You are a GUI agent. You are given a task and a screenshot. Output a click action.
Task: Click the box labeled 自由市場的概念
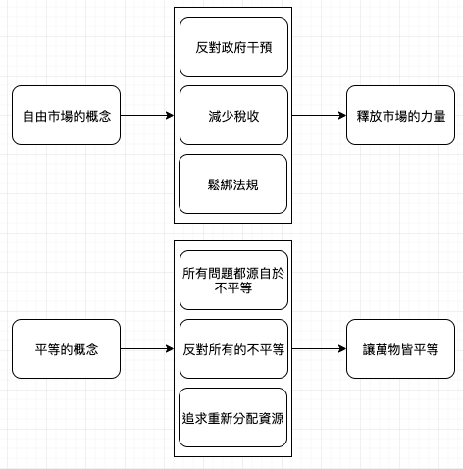66,116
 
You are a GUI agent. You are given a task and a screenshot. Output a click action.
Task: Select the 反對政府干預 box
233,47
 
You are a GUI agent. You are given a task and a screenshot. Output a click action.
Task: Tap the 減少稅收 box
233,116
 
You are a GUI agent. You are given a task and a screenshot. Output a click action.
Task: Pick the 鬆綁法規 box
232,184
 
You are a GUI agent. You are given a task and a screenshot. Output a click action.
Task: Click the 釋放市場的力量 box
400,116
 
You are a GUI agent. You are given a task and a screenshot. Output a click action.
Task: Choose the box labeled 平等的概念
66,349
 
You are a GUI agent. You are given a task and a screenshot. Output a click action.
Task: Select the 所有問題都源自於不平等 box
233,281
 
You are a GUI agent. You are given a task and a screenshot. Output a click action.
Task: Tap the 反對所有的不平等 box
233,349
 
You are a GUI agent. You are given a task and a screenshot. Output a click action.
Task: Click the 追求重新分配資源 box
232,418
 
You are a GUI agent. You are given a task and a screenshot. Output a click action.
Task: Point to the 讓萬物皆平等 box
400,349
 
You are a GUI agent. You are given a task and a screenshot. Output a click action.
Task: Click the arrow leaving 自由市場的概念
147,115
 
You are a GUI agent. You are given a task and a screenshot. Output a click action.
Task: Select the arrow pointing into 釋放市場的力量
319,115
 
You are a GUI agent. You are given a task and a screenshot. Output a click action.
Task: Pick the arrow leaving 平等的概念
147,349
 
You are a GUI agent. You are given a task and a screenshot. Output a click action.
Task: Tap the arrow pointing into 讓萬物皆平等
319,349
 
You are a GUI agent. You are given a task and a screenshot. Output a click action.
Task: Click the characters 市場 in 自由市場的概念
60,116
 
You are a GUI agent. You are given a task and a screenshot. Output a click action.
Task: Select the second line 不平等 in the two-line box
233,288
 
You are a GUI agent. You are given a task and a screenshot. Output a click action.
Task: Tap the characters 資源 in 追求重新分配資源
271,418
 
